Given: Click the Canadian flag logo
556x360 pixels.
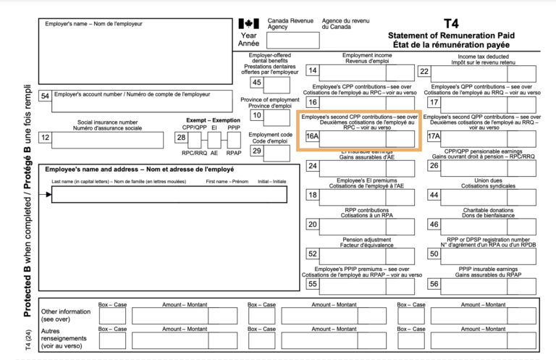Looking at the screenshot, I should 248,24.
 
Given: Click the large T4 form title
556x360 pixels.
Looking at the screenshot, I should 452,22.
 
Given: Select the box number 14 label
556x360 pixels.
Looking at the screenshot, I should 313,71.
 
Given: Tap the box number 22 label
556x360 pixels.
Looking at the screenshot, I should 425,71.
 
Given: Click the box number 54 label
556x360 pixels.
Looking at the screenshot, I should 46,95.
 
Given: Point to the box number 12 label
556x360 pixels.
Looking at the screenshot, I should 46,136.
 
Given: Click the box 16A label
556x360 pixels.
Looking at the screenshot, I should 313,136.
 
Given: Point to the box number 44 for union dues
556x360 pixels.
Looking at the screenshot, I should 434,196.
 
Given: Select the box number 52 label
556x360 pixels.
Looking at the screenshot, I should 313,254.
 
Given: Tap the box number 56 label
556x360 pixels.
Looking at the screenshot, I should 434,284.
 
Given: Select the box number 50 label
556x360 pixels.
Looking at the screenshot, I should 434,254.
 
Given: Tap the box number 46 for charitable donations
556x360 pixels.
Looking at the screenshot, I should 434,225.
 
